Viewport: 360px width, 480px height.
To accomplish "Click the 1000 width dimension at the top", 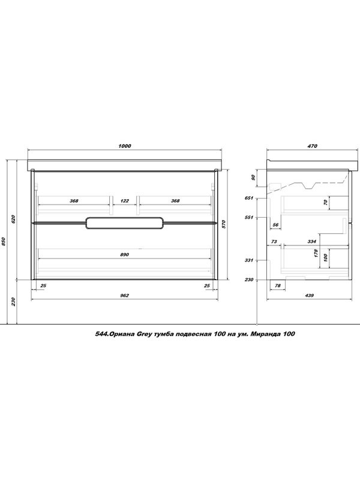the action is coord(125,146).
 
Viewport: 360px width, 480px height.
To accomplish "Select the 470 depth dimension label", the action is coord(313,146).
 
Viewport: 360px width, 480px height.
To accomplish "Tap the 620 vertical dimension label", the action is coord(13,219).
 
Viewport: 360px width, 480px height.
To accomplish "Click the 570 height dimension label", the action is coord(223,224).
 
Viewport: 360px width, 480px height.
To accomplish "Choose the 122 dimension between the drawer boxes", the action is coord(125,201).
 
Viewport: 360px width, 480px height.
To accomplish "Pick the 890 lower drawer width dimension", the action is coord(125,254).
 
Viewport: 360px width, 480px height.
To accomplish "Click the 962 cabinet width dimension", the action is coord(125,295).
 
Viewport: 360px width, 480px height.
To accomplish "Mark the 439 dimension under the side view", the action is coord(310,295).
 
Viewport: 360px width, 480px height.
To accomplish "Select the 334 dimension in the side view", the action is coord(311,242).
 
